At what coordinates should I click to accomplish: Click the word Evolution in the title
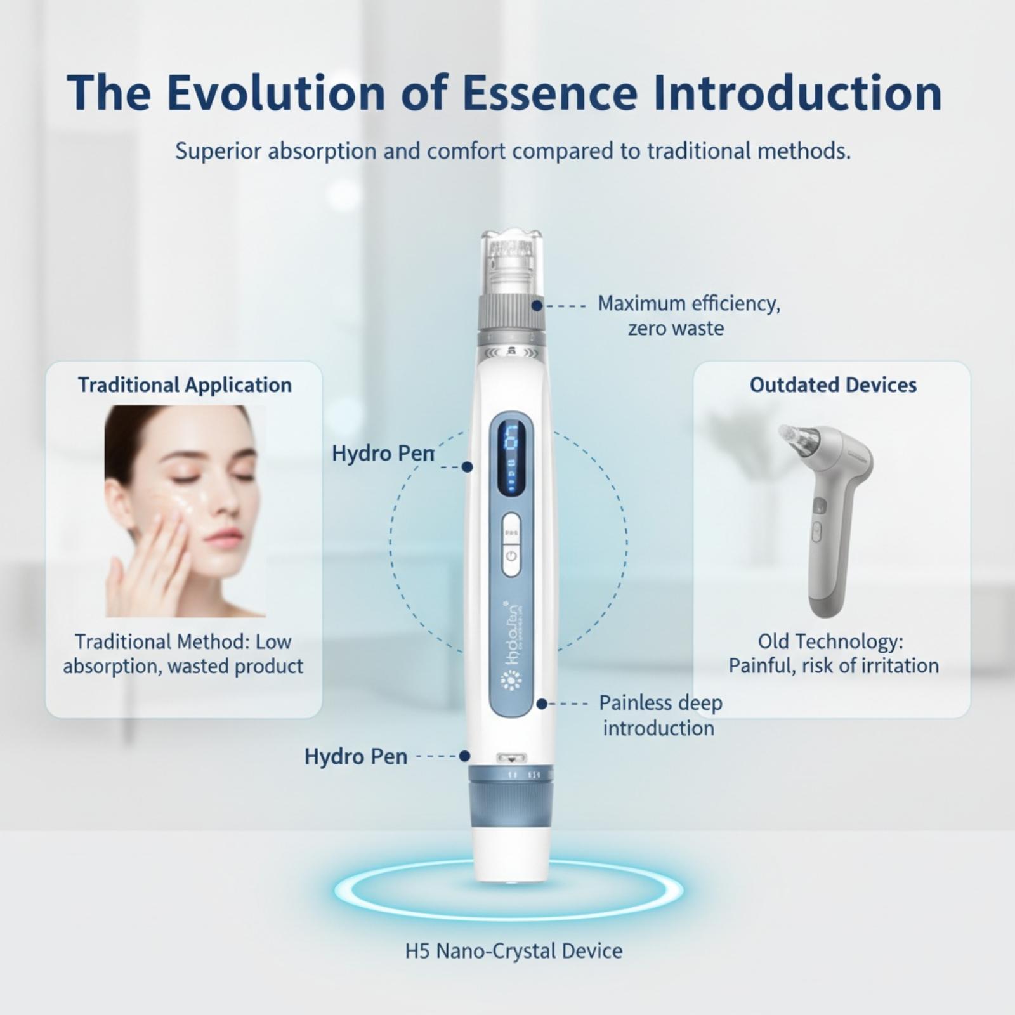click(x=276, y=93)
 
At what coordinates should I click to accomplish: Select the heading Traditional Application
click(x=185, y=385)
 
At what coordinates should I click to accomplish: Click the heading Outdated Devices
click(x=833, y=384)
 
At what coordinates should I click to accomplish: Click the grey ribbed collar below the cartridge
click(x=511, y=314)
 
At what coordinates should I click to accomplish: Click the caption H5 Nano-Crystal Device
click(x=514, y=950)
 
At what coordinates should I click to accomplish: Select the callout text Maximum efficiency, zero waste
click(x=689, y=315)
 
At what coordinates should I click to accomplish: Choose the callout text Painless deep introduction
click(x=660, y=715)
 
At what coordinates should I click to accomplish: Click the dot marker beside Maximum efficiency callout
click(x=537, y=305)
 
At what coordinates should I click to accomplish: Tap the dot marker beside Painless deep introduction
click(x=542, y=704)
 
